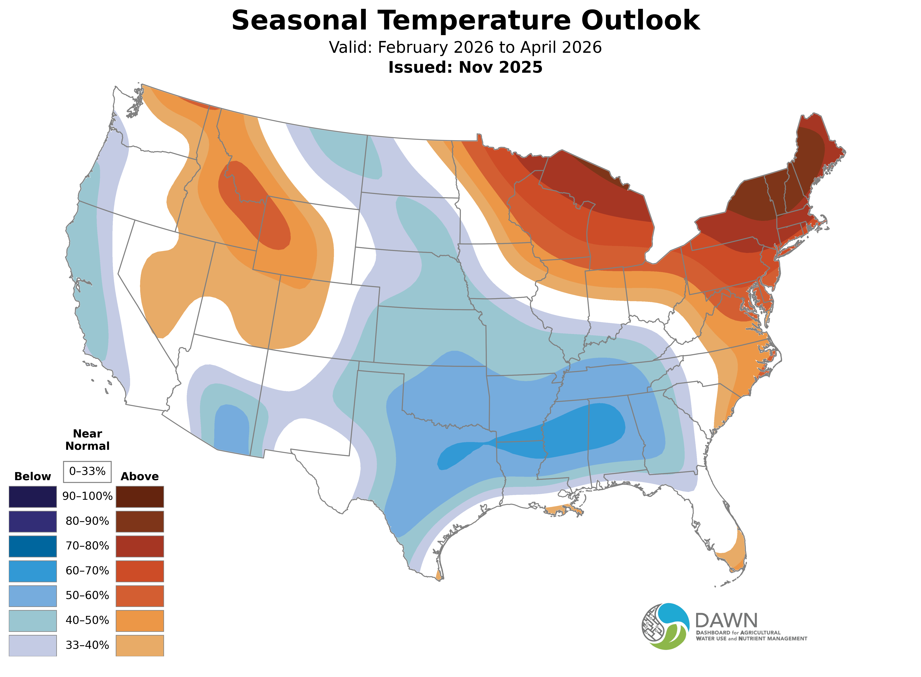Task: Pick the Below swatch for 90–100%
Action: [x=33, y=497]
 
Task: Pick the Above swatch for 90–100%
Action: [x=140, y=497]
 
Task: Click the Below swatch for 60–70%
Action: [x=33, y=571]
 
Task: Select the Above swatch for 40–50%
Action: [x=140, y=621]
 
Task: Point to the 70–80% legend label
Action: [x=87, y=546]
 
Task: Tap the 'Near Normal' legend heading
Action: [x=87, y=440]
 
